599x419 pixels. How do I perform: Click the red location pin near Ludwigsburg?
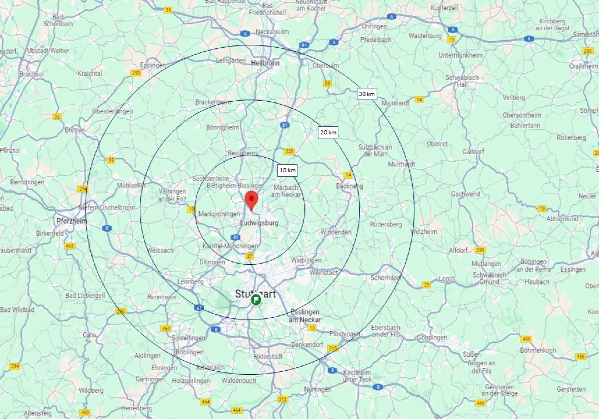pos(251,200)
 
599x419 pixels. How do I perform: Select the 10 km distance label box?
pos(287,170)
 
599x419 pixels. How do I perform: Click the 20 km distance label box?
pos(328,133)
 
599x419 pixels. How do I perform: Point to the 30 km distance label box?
pos(367,94)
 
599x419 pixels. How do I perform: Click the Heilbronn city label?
pos(265,63)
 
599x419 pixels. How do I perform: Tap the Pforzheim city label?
pos(72,221)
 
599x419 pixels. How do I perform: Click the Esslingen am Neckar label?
pos(305,316)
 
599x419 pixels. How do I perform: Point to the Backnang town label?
pos(349,186)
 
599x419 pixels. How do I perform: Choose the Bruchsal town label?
pos(31,74)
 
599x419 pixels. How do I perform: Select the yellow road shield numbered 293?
pos(136,73)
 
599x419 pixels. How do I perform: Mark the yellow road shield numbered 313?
pos(333,348)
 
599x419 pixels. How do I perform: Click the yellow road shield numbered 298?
pos(480,250)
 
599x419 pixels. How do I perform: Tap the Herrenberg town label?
pos(136,408)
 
